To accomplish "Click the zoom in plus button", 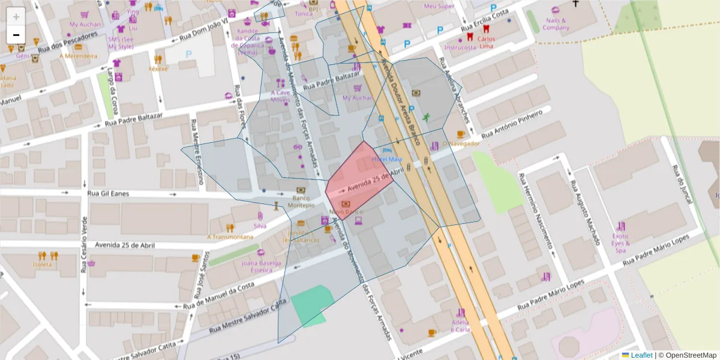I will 16,17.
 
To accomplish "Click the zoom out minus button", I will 16,35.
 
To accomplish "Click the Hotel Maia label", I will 387,159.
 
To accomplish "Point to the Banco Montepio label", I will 304,201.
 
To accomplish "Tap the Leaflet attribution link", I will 641,355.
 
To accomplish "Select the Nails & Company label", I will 556,24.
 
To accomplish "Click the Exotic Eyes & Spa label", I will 621,243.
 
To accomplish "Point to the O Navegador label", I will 461,144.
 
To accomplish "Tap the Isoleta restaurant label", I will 42,264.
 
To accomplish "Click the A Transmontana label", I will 230,236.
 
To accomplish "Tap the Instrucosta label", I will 460,47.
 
